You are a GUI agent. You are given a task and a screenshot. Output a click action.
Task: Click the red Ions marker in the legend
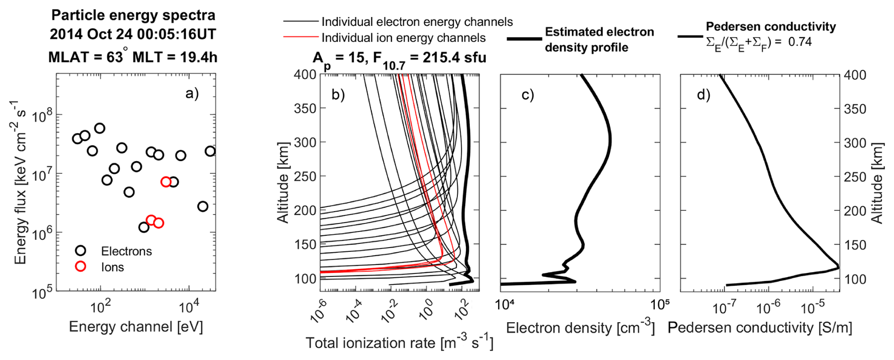coord(81,266)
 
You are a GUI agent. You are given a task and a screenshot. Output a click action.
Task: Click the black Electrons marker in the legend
coord(81,250)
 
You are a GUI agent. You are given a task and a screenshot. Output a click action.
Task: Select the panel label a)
coord(192,94)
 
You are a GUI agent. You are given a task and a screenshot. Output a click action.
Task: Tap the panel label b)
coord(338,94)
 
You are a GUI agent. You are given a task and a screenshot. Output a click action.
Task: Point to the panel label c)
coord(527,94)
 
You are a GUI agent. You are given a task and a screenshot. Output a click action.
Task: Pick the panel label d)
coord(704,94)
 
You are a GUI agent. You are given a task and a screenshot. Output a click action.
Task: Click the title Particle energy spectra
coord(133,15)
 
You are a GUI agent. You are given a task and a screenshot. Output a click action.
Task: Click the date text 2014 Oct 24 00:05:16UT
coord(133,34)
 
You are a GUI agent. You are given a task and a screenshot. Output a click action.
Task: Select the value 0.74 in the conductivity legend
coord(799,42)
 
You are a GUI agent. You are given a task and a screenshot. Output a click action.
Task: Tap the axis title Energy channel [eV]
coord(136,327)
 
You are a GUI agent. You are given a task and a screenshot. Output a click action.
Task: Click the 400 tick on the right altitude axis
coord(855,75)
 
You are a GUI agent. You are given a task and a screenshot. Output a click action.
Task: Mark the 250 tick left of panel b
coord(305,176)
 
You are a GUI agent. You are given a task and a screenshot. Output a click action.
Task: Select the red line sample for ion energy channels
coord(301,37)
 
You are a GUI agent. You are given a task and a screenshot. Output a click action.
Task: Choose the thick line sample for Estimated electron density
coord(524,39)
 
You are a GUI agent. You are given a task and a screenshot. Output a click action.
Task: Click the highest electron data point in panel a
coord(100,128)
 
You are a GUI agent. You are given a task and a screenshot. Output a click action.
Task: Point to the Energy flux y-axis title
coord(20,182)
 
